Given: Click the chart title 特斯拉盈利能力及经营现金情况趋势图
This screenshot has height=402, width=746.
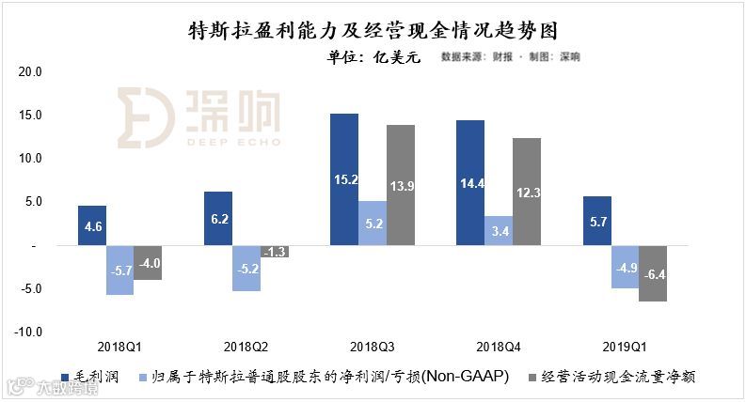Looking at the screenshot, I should click(x=373, y=32).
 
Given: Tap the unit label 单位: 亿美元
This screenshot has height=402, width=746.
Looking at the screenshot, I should click(x=373, y=56).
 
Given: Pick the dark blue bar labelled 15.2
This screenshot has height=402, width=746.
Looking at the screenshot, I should click(x=344, y=178).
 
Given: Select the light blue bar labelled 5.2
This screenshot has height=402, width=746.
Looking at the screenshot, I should click(x=373, y=223).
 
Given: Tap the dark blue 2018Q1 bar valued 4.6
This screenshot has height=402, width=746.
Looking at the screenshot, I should click(x=92, y=225).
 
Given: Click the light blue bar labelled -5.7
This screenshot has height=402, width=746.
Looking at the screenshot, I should click(x=119, y=270).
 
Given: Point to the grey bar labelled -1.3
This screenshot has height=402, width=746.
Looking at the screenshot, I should click(x=274, y=251).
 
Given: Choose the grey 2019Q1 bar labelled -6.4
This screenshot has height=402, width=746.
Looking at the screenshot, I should click(x=652, y=273).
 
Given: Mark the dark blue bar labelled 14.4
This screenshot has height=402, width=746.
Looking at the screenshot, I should click(x=470, y=182).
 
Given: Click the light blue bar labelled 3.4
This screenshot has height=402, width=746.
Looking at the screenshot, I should click(x=499, y=230).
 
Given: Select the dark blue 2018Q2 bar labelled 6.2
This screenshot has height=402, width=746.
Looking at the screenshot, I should click(x=218, y=218).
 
